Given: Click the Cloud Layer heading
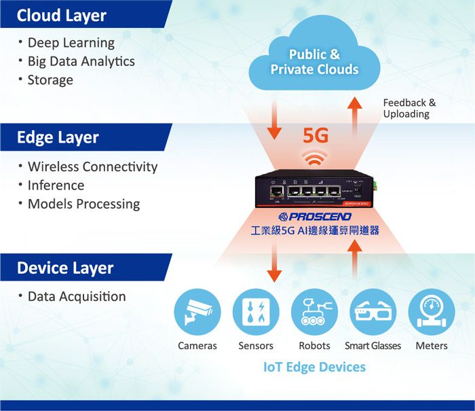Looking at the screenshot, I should pos(62,15).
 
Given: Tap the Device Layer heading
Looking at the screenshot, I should pos(65,268).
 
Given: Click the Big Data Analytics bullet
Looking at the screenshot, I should pos(81,61).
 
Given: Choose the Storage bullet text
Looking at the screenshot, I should pos(50,79).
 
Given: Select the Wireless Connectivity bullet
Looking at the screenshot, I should pos(92,166).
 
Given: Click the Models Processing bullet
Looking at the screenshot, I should pos(83,204).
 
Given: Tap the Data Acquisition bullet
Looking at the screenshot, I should pos(76,296).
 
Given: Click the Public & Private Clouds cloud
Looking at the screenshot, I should pos(314,62).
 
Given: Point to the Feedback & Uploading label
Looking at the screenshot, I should pos(409,108).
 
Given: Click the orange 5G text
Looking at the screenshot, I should pos(316,136).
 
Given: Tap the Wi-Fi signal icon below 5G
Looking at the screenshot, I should pos(315,159).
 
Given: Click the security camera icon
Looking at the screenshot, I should pos(197,312).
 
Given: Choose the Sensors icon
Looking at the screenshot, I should pos(256,312).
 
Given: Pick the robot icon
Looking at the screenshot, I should pos(314,312).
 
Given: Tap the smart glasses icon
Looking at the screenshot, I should pos(373,312).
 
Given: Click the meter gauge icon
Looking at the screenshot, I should pos(431,312).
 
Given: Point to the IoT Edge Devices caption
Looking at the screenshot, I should pos(314,367).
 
